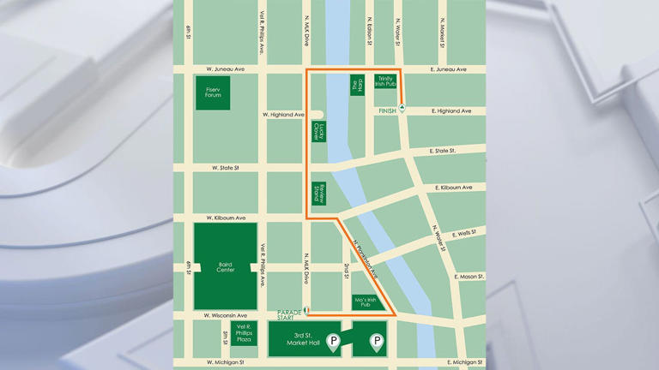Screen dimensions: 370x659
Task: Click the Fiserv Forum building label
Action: [213, 92]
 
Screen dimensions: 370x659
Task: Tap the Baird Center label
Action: [226, 267]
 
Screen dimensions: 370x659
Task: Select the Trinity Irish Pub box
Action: [386, 81]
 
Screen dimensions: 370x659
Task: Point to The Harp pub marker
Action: [357, 85]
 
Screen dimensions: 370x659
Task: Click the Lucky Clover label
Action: [318, 131]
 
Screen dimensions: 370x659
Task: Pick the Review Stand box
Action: [318, 193]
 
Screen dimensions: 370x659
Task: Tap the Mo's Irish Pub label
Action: [366, 302]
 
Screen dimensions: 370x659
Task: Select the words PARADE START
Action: [290, 315]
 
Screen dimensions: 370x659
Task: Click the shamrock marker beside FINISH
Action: [402, 110]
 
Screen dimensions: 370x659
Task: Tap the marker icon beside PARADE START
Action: [307, 310]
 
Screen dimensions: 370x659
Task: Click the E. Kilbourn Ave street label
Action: [453, 187]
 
